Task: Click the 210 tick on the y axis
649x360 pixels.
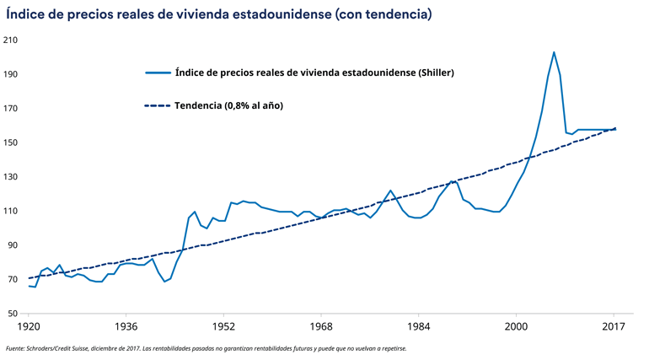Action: point(12,40)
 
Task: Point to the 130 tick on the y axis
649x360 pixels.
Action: point(12,177)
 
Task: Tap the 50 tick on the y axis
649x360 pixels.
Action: point(14,314)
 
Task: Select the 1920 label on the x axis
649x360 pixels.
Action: point(29,326)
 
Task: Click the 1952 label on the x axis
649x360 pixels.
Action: point(223,326)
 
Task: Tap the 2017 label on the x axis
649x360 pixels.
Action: point(614,326)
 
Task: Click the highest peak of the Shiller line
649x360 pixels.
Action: point(554,52)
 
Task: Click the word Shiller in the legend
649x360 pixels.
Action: point(436,73)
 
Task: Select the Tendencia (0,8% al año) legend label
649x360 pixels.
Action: point(228,105)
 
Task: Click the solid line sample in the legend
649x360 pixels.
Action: point(158,73)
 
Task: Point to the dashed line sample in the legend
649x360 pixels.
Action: point(158,105)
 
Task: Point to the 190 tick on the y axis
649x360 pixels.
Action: point(12,74)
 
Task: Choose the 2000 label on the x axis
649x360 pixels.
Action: point(516,326)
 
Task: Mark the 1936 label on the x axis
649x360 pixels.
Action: point(126,326)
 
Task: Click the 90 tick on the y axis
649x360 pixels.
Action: point(14,245)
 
